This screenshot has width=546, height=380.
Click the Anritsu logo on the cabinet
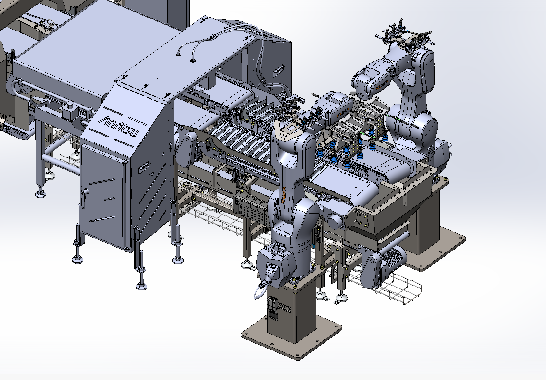[119, 126]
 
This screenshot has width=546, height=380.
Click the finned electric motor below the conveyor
[392, 258]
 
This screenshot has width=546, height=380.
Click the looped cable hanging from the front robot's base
[259, 292]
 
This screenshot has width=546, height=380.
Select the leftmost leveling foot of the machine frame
[40, 194]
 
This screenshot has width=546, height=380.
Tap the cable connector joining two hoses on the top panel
[212, 38]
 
